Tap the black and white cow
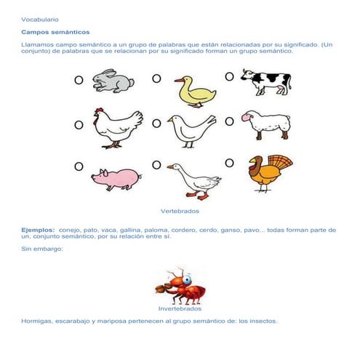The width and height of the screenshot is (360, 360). [x=266, y=81]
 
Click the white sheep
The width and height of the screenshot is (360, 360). [x=266, y=126]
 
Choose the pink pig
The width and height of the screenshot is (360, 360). [x=116, y=177]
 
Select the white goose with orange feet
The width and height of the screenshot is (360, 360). [x=192, y=180]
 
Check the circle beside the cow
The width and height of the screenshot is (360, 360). [x=229, y=76]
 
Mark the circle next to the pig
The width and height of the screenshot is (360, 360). [x=78, y=167]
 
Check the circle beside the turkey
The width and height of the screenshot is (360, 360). [x=229, y=163]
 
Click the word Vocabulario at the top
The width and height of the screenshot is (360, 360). [x=40, y=19]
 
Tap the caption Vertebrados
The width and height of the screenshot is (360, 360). [x=180, y=211]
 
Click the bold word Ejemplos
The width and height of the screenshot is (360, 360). [x=38, y=229]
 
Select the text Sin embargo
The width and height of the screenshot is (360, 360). [x=42, y=249]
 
